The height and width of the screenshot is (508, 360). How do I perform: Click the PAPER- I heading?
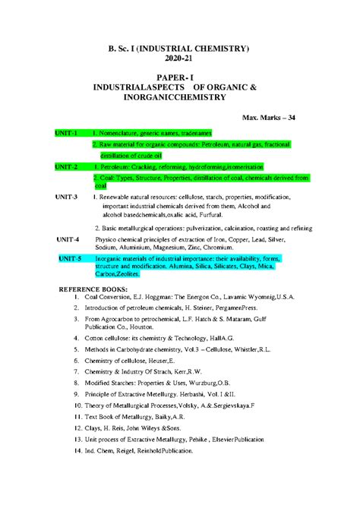(180, 78)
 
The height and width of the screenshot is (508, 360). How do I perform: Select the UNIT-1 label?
(66, 133)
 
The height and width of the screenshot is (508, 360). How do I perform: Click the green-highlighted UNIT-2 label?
(66, 166)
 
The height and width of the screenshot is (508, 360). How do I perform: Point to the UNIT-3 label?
(66, 196)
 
